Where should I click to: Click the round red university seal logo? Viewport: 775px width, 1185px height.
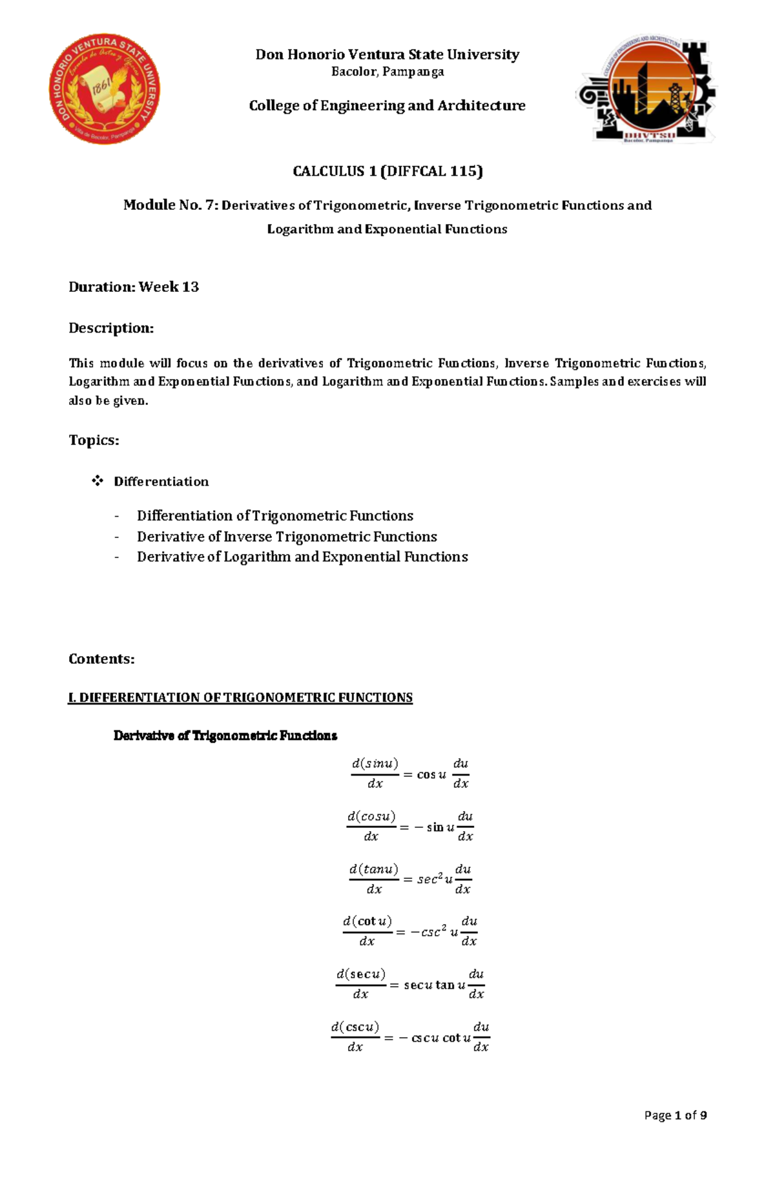coord(105,89)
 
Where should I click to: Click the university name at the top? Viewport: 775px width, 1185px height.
coord(387,54)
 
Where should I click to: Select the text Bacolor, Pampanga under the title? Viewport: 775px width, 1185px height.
coord(387,72)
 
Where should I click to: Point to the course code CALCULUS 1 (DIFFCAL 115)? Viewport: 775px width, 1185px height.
coord(387,171)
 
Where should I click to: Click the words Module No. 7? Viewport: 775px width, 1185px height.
coord(170,205)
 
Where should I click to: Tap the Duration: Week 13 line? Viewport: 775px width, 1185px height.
coord(134,287)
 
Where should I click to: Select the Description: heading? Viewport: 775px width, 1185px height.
coord(111,328)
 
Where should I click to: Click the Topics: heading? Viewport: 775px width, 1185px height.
coord(94,440)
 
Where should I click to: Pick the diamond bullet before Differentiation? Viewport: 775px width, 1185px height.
coord(98,480)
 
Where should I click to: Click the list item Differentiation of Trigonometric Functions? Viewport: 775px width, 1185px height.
coord(274,516)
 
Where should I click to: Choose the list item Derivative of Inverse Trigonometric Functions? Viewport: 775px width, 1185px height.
coord(287,537)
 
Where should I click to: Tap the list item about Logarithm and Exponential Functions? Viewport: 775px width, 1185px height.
coord(302,557)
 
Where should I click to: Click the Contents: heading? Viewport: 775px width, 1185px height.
coord(101,659)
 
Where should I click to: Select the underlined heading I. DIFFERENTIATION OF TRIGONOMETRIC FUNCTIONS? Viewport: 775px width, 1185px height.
coord(240,697)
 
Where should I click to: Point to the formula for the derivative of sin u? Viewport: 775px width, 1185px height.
coord(409,773)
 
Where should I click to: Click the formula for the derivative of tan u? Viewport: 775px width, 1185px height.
coord(409,879)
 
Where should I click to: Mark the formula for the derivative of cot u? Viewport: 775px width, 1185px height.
coord(409,931)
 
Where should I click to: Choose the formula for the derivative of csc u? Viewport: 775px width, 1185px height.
coord(409,1037)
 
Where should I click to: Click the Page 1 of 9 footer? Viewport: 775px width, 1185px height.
coord(675,1115)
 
